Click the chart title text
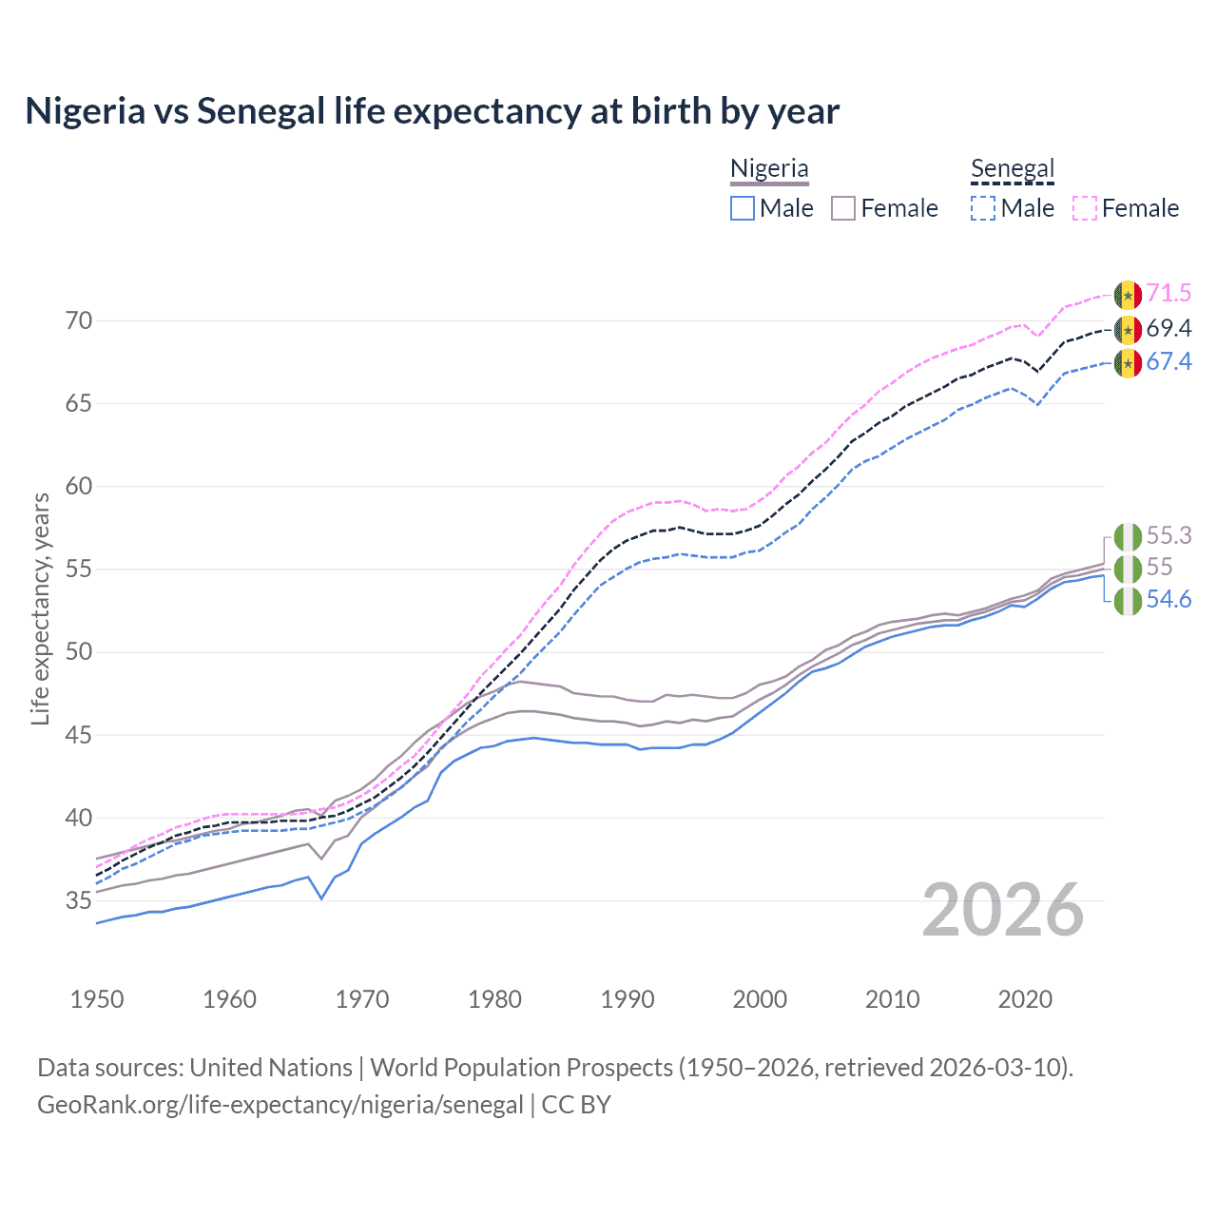pos(432,111)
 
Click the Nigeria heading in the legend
pos(769,169)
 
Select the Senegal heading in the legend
pos(1013,169)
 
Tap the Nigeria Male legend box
pos(743,208)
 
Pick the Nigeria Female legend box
pos(844,208)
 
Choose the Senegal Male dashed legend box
pos(983,208)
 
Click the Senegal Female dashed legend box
pos(1085,208)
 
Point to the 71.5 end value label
pos(1169,294)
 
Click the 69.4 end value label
pos(1169,329)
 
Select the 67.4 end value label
pos(1169,362)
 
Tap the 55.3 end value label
pos(1169,536)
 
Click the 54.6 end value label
pos(1169,600)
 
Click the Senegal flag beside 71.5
pos(1128,295)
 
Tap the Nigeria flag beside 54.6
pos(1128,601)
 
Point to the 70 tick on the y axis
pos(79,321)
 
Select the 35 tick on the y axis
pos(79,900)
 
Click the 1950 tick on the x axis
pos(97,999)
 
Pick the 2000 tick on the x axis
pos(760,999)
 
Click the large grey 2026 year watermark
pos(1002,911)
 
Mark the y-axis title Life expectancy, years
pos(41,608)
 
